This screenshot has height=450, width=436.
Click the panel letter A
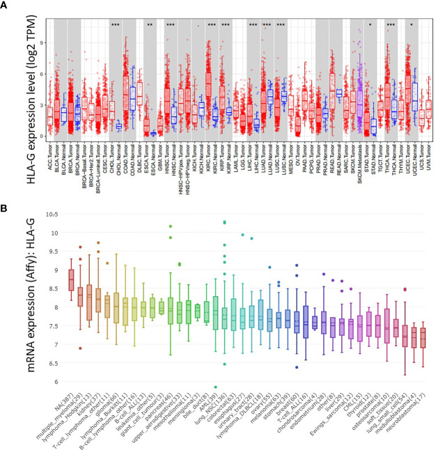(x=7, y=6)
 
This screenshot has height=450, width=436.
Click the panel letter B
(x=7, y=207)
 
